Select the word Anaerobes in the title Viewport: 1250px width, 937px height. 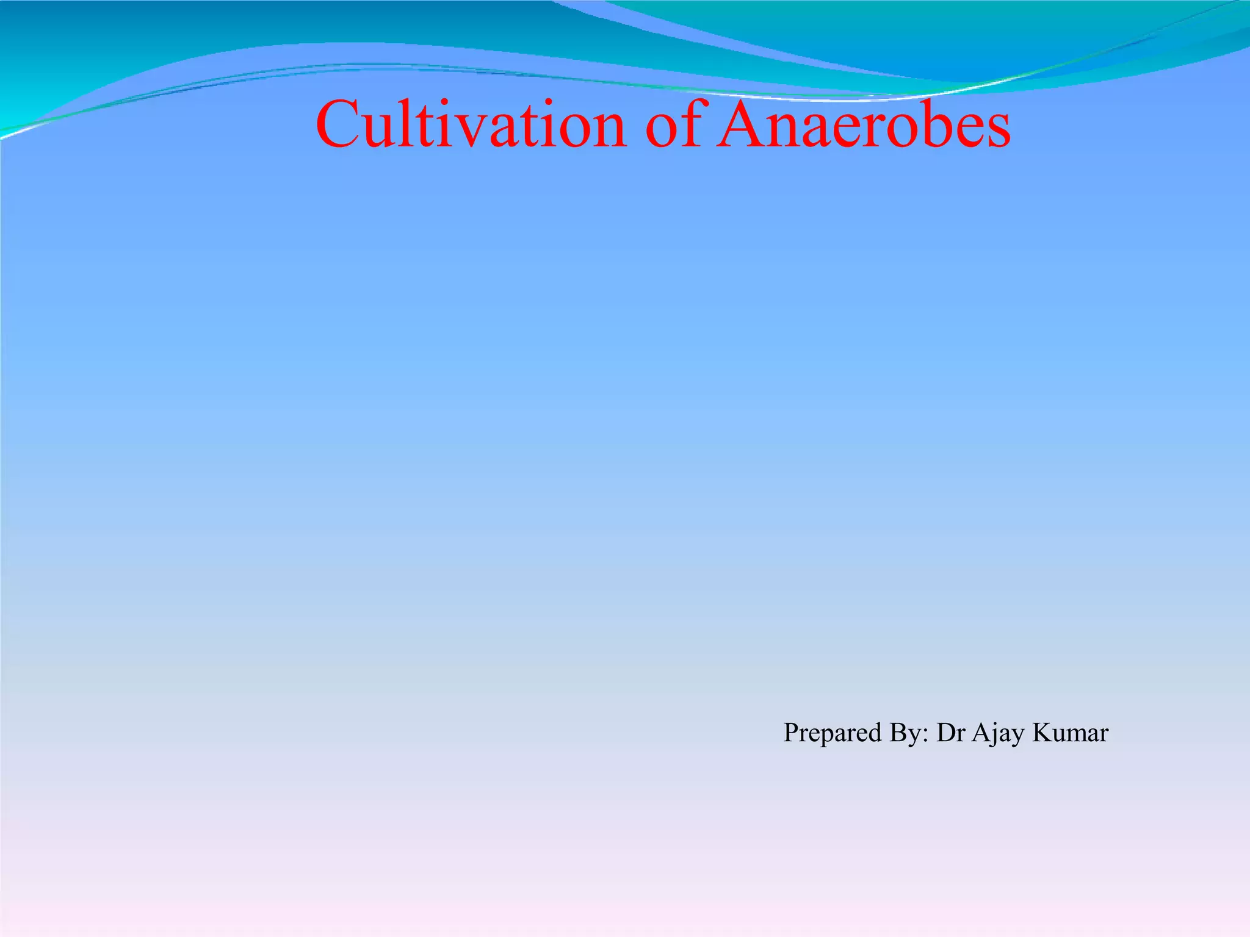click(863, 124)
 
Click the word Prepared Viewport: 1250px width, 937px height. click(833, 733)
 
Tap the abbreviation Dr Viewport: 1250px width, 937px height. click(950, 733)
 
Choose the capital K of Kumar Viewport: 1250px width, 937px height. click(1041, 733)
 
